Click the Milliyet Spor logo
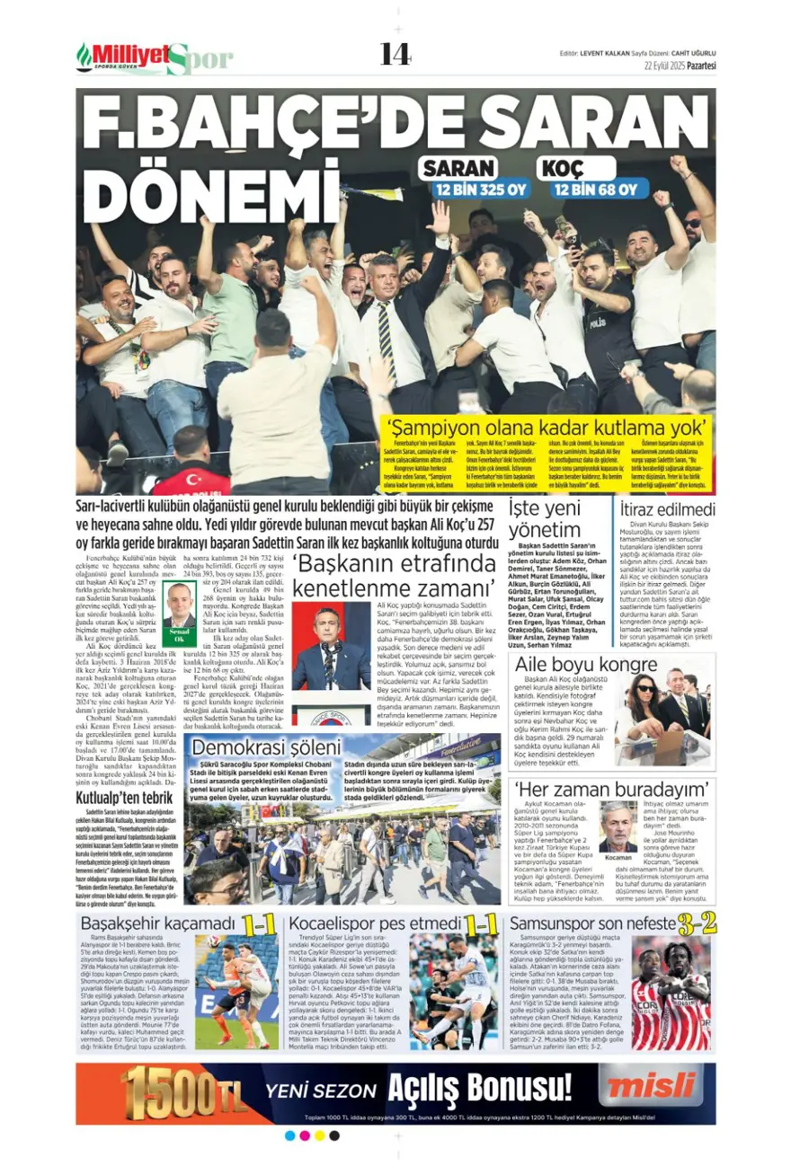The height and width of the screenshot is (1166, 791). [154, 58]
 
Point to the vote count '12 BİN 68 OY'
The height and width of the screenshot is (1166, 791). [595, 190]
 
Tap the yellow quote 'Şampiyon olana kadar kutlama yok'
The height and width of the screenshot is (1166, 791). [546, 427]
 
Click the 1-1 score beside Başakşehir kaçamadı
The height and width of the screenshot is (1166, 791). [258, 923]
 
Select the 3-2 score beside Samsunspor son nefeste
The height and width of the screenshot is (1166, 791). [697, 923]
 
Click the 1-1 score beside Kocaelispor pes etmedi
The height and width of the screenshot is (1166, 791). [481, 923]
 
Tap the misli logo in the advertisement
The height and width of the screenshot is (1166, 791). [646, 1088]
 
